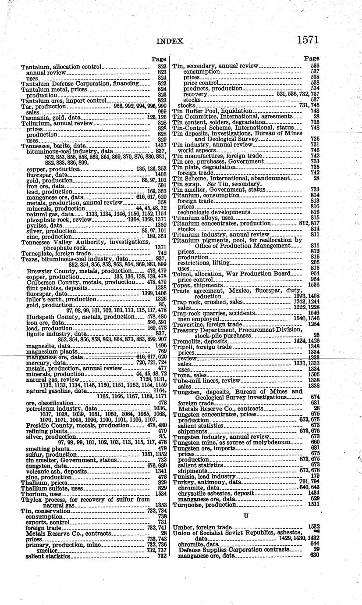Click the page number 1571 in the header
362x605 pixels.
(307, 39)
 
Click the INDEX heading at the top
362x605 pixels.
(170, 41)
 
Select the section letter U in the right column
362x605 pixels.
(246, 516)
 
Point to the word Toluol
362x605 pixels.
(182, 273)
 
